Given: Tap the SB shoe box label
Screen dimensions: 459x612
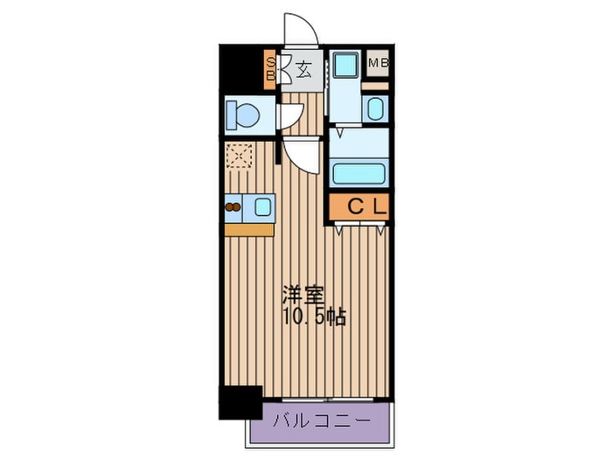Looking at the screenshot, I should tap(271, 68).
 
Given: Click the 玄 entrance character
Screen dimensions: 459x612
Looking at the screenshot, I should tap(303, 69).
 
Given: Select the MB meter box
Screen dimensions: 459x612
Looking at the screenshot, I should tap(379, 63).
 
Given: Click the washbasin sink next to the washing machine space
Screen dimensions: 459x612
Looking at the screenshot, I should tap(375, 109).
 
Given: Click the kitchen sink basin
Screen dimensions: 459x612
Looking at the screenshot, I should tap(262, 206).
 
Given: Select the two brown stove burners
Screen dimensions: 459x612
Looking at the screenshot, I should tap(233, 207).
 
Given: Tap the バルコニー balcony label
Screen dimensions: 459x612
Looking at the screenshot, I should tap(320, 421).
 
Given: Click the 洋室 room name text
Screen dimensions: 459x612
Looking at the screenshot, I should tap(298, 296).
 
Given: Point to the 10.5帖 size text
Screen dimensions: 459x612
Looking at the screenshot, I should tap(314, 316).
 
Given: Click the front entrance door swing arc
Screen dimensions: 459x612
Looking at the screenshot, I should tap(298, 28).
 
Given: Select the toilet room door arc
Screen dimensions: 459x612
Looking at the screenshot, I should tap(291, 116).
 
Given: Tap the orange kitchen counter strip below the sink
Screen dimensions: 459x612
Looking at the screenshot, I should tap(248, 230).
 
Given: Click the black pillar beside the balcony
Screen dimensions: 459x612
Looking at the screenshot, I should tap(240, 401).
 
